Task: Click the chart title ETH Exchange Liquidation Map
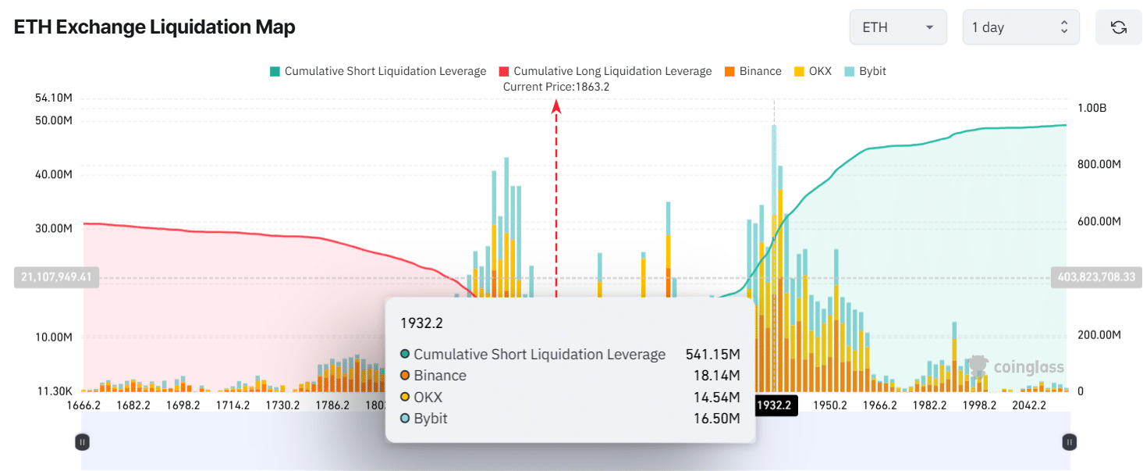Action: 154,27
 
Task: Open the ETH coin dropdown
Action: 897,27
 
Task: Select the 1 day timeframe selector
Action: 1020,27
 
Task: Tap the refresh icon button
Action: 1118,27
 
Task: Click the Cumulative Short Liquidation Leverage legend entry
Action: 378,71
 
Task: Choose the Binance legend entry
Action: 753,71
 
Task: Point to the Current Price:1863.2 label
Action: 556,87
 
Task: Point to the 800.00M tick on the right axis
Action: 1099,165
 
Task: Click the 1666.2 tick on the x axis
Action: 84,405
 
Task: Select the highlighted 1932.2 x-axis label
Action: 774,405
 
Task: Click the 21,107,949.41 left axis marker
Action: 57,277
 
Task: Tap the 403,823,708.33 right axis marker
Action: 1095,277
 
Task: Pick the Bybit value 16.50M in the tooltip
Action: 716,419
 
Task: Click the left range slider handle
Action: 82,442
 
